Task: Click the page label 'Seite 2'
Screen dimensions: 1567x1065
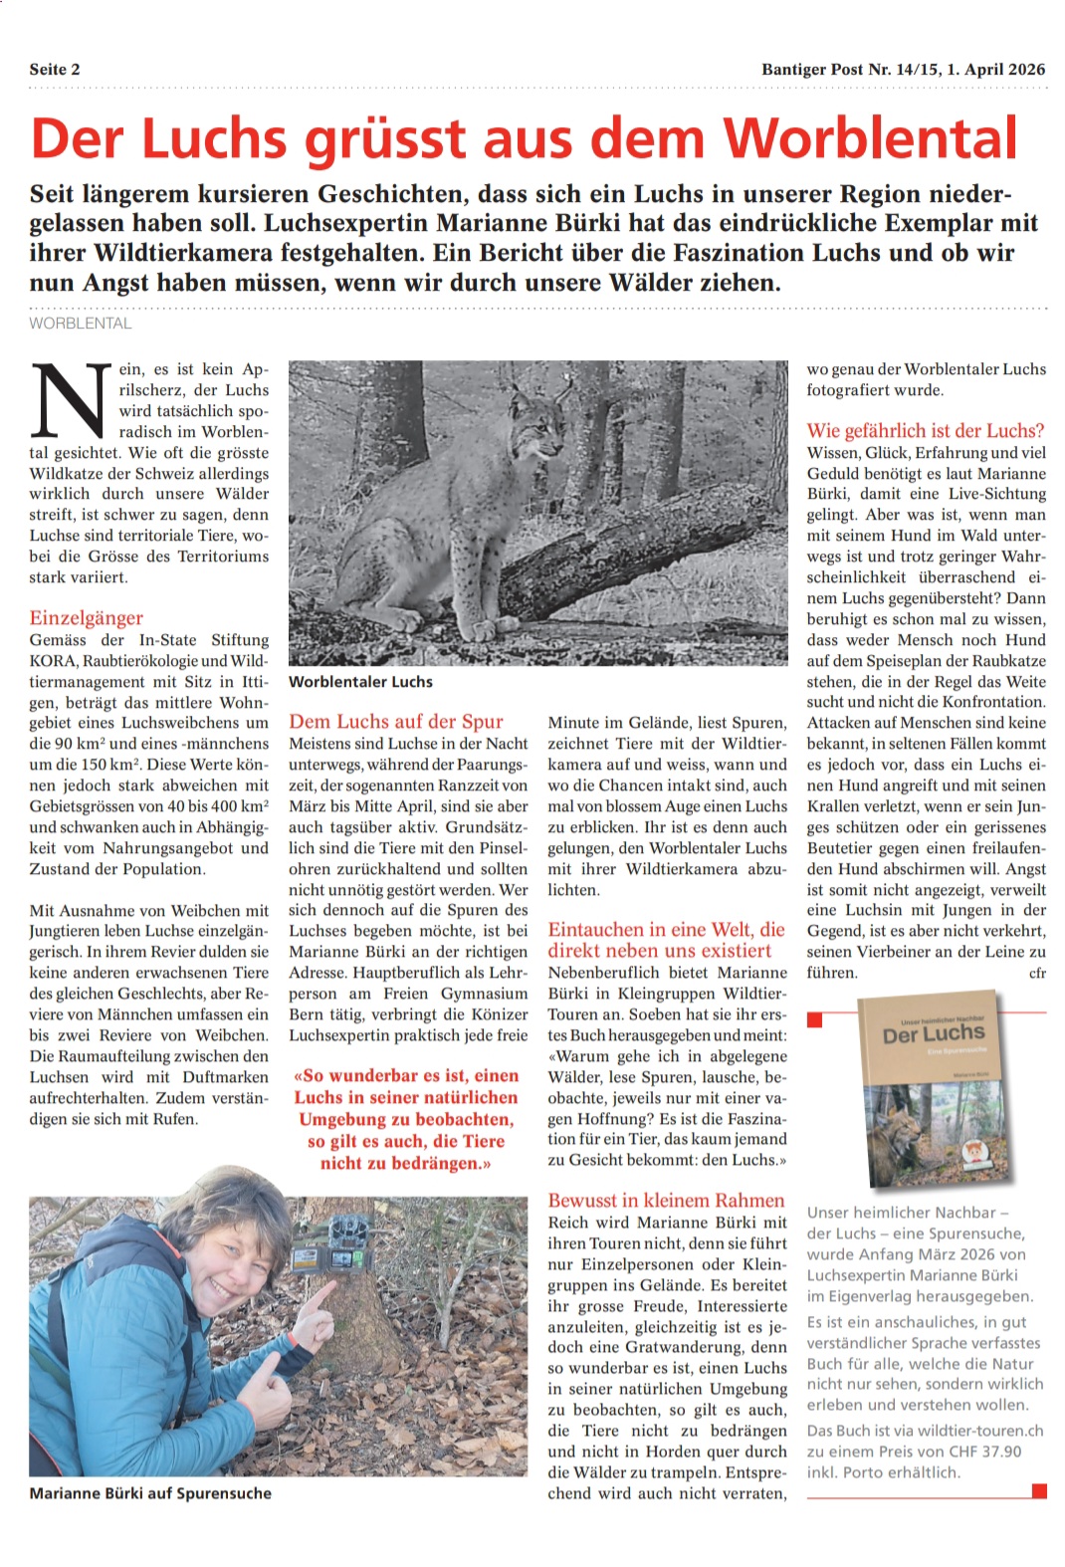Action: point(55,70)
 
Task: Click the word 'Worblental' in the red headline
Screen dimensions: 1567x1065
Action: point(871,138)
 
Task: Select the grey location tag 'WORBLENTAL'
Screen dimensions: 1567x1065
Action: point(80,324)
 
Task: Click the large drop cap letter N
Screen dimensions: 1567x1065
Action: point(71,401)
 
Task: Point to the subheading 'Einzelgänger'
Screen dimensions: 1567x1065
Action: point(87,617)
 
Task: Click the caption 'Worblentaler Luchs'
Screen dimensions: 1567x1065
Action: point(360,682)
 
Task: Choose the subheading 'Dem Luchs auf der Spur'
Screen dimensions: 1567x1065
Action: point(396,721)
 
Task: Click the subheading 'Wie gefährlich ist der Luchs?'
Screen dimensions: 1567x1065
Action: point(926,430)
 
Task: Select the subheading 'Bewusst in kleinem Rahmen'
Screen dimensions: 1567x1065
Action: point(666,1200)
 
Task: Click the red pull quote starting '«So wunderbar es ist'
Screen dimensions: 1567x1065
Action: point(406,1119)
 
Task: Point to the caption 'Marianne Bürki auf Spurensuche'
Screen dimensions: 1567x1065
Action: point(150,1493)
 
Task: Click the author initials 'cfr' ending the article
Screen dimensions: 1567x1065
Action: point(1037,973)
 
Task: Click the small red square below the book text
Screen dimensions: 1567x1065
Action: point(1039,1491)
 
